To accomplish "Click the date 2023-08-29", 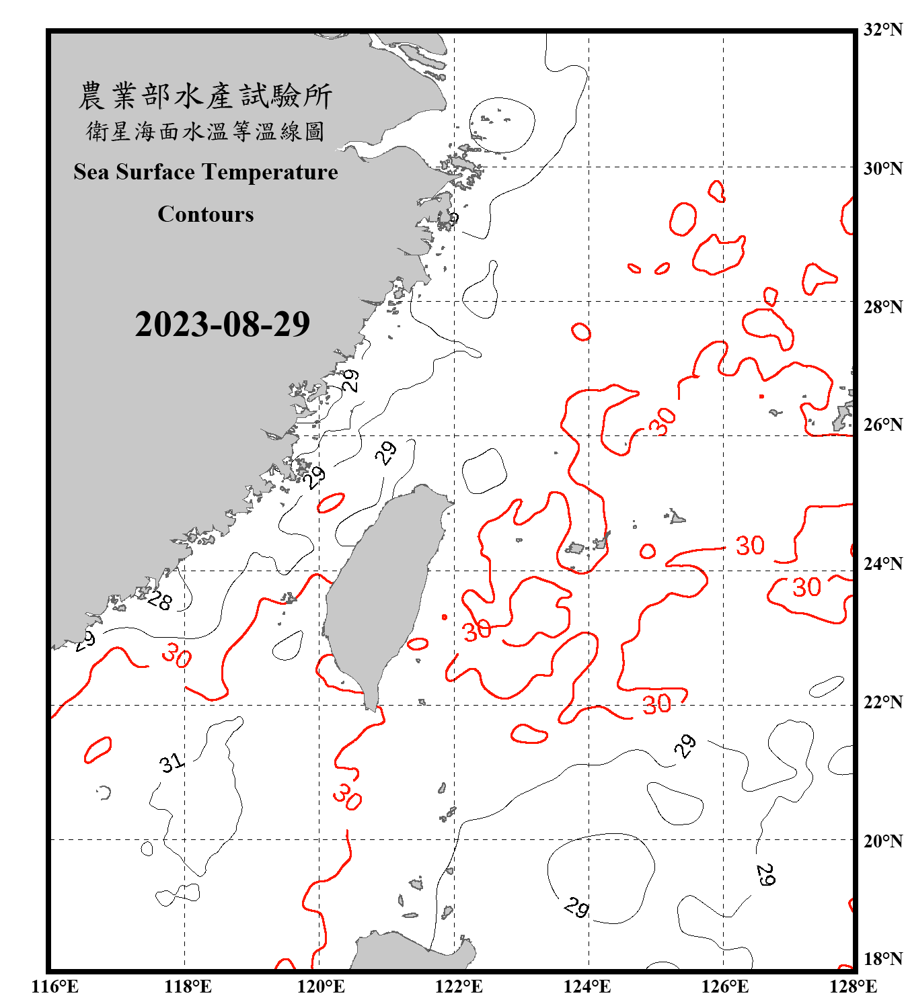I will [x=222, y=324].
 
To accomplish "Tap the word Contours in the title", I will [x=205, y=214].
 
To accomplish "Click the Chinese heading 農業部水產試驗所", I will [x=205, y=96].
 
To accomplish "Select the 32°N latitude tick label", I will [x=883, y=30].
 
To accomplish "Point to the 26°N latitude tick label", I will [x=883, y=425].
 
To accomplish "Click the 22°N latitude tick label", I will [x=883, y=702].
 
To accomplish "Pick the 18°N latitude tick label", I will [x=883, y=959].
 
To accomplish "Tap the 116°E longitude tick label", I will [x=54, y=986].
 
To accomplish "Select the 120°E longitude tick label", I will [x=321, y=986].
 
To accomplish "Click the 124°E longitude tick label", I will [x=587, y=986].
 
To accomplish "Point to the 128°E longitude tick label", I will [x=853, y=986].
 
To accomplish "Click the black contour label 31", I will [x=172, y=763].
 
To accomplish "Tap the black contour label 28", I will [x=159, y=600].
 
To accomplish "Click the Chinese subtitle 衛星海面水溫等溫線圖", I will [x=205, y=131].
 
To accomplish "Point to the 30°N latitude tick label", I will [x=883, y=169].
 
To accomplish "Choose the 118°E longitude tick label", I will [x=188, y=986].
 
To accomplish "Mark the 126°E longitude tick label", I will [x=724, y=986].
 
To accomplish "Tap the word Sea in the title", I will [x=92, y=172].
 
